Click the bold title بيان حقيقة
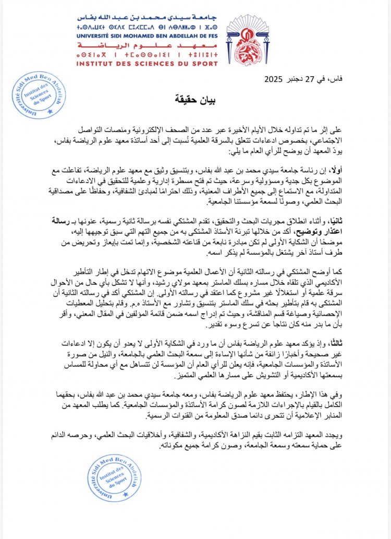196,99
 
